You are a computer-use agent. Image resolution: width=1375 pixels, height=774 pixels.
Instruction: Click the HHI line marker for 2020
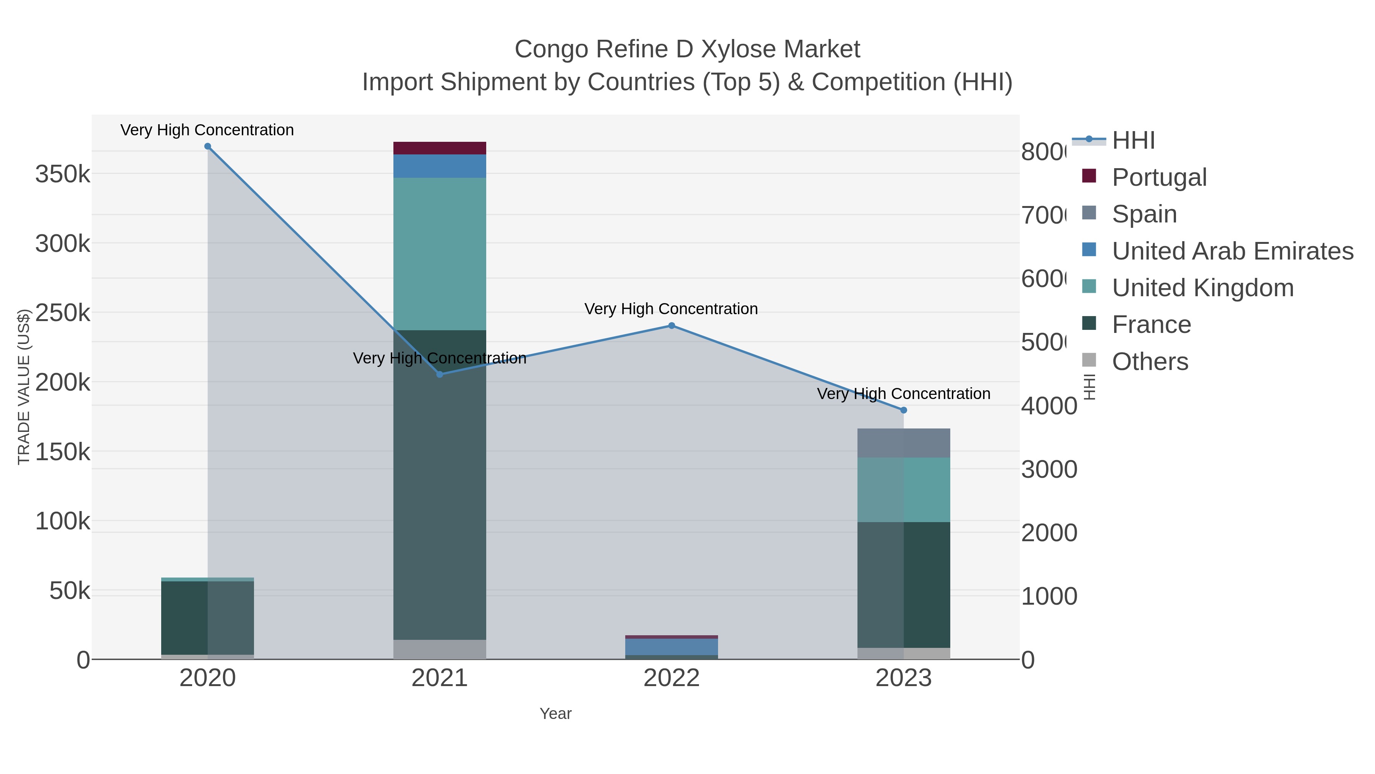pyautogui.click(x=208, y=146)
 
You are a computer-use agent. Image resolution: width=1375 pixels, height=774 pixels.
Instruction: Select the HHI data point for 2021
pyautogui.click(x=440, y=375)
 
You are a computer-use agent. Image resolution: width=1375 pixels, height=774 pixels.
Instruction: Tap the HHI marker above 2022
pyautogui.click(x=671, y=326)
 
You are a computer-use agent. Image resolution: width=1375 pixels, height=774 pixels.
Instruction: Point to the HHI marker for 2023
pyautogui.click(x=904, y=410)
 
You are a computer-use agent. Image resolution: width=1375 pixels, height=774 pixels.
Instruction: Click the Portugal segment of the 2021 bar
pyautogui.click(x=440, y=148)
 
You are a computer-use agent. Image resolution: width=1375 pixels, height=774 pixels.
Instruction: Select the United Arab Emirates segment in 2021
pyautogui.click(x=440, y=166)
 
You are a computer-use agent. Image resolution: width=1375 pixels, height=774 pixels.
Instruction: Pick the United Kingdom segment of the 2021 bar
pyautogui.click(x=440, y=254)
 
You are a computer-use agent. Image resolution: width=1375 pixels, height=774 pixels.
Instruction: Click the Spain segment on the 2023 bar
pyautogui.click(x=904, y=443)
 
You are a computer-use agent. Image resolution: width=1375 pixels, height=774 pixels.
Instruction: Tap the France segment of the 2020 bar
pyautogui.click(x=208, y=618)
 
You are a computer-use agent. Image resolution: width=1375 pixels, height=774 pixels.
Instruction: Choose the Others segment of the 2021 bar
pyautogui.click(x=440, y=649)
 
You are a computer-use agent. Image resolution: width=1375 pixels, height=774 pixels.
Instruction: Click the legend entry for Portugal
pyautogui.click(x=1159, y=177)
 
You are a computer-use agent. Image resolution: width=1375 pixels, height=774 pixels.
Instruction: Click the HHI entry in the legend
pyautogui.click(x=1133, y=141)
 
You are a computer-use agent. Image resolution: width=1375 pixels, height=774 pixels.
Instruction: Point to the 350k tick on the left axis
pyautogui.click(x=63, y=174)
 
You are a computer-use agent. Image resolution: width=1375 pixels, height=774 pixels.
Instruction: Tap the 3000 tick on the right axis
pyautogui.click(x=1049, y=469)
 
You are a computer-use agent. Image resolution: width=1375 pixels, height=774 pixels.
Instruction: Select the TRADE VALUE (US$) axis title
pyautogui.click(x=23, y=387)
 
